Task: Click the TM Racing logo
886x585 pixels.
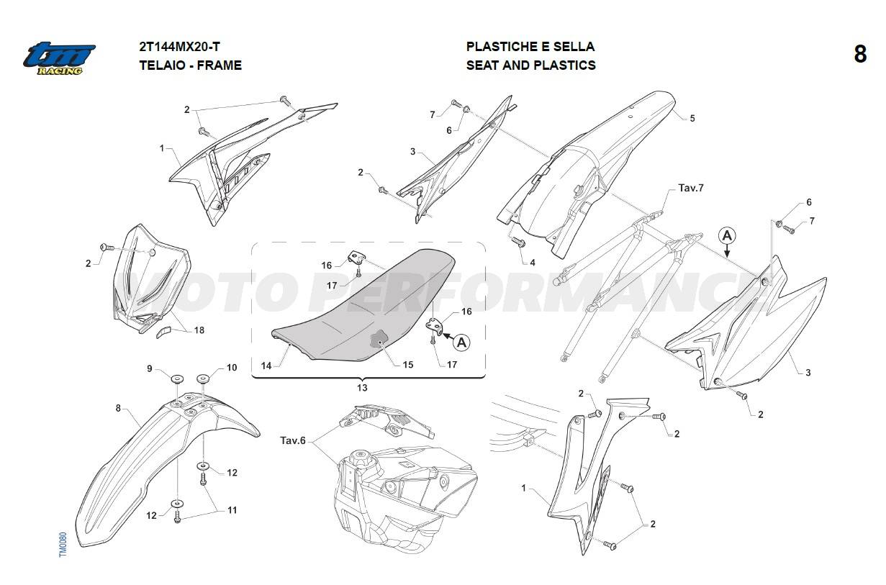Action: click(59, 58)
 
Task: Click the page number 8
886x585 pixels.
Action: click(860, 54)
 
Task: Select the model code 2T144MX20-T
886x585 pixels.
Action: click(179, 47)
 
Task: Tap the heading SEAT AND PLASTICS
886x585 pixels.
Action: click(531, 65)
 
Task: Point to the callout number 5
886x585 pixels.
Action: click(692, 118)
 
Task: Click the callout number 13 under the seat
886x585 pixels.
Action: click(362, 388)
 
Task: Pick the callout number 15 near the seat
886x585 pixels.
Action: click(408, 365)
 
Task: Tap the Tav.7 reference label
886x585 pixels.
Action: click(691, 188)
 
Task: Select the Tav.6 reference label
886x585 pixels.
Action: click(293, 440)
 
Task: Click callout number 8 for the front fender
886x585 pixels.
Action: click(118, 408)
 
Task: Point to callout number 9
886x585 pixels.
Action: click(150, 368)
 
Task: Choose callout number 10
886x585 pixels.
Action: click(232, 368)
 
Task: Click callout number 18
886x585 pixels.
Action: click(199, 330)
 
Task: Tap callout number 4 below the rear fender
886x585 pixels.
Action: click(533, 263)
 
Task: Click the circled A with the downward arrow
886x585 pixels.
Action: click(727, 236)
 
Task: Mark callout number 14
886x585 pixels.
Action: click(266, 366)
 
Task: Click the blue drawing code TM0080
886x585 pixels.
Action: click(63, 545)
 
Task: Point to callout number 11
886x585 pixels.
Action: click(232, 510)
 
